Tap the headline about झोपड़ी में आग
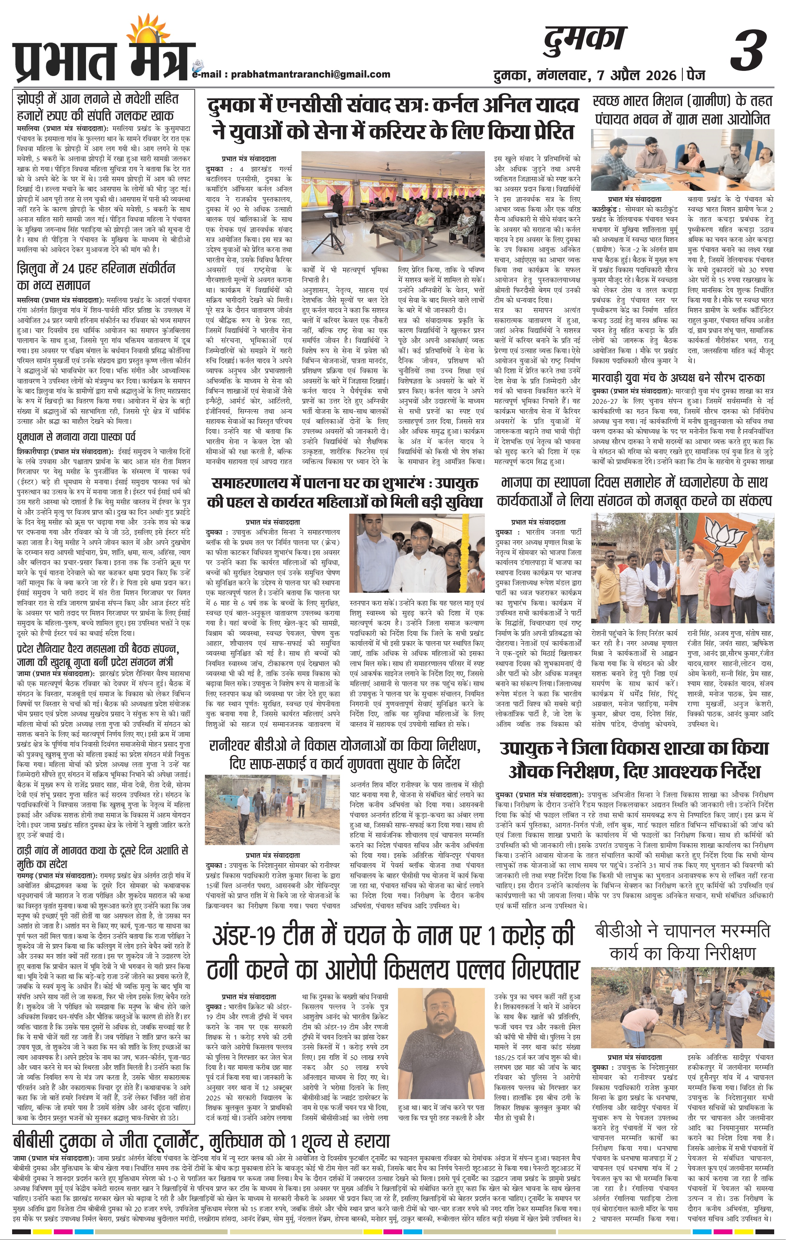point(96,107)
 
